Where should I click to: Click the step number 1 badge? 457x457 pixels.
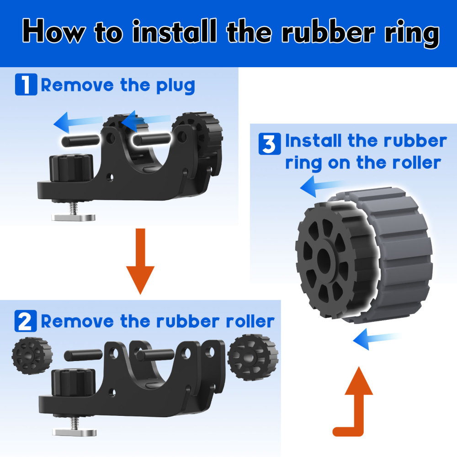click(x=26, y=85)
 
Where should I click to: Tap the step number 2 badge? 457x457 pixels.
click(x=26, y=321)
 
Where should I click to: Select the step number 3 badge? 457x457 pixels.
click(x=270, y=143)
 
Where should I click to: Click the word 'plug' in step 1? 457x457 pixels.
click(x=176, y=86)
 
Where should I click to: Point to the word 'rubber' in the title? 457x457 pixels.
click(x=329, y=32)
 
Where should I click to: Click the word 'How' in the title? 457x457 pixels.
click(x=54, y=31)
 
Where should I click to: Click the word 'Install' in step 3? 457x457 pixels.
click(x=314, y=141)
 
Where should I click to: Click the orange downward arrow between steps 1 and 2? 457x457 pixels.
click(x=140, y=261)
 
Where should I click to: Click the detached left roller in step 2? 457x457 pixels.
click(x=32, y=356)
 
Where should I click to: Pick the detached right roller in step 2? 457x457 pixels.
click(x=253, y=357)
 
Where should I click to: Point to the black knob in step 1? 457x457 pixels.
click(x=71, y=168)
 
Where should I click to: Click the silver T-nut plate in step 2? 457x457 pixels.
click(x=74, y=432)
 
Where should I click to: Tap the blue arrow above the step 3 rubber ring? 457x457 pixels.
click(x=322, y=186)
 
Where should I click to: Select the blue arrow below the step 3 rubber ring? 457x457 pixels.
click(x=376, y=339)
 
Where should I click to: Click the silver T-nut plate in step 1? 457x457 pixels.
click(x=74, y=218)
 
